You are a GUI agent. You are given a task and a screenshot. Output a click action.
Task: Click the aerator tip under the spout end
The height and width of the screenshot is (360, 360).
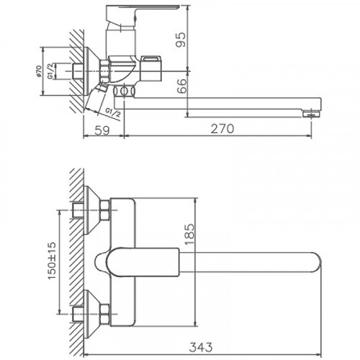coord(310,113)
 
